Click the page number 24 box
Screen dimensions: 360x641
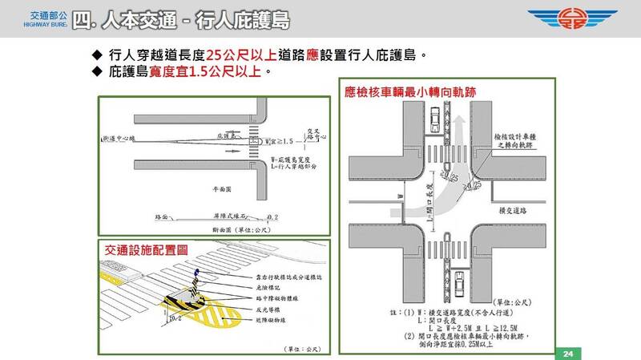tap(566, 354)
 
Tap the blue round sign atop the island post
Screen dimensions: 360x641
tap(194, 274)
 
